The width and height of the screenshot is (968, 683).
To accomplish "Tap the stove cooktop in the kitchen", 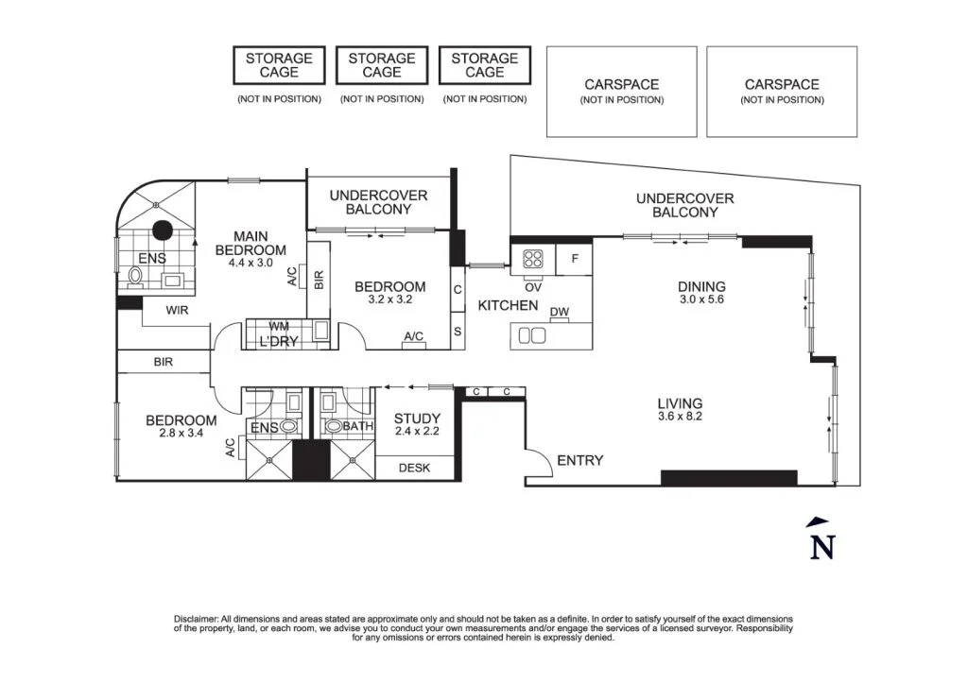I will pos(531,258).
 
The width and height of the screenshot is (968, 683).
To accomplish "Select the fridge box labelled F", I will pos(574,259).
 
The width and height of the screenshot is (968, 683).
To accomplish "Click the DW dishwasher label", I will pos(559,313).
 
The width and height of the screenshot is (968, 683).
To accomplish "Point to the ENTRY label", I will pos(579,460).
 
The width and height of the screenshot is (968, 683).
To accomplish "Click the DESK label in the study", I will pos(414,468).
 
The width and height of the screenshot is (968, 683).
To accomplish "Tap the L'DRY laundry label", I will pos(278,341).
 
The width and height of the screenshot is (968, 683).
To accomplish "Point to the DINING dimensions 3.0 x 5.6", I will pos(700,300).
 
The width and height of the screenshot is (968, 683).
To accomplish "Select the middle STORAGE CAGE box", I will pos(381,65).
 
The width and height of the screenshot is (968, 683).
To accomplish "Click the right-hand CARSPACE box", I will pos(782,91).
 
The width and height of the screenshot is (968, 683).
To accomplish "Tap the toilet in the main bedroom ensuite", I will pos(135,278).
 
